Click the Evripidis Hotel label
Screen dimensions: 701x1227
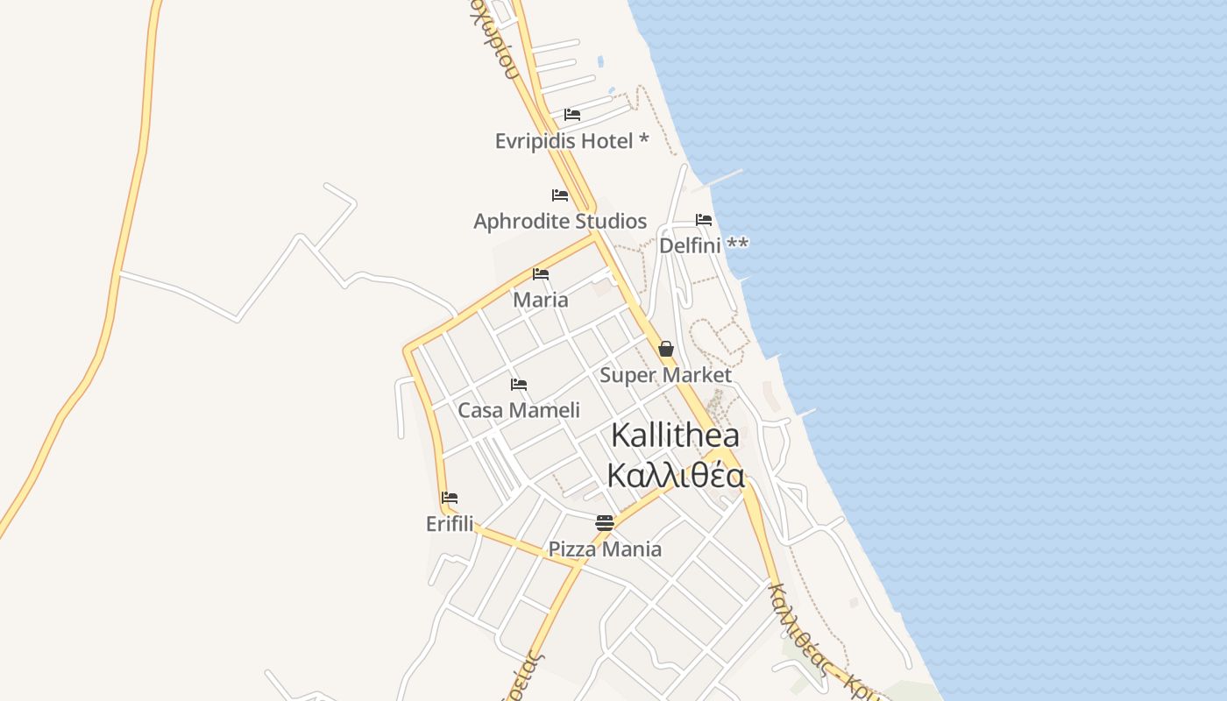tap(571, 141)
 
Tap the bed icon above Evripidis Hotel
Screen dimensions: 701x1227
tap(572, 115)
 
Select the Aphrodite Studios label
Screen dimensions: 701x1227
tap(560, 222)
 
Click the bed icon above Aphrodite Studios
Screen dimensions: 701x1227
tap(560, 195)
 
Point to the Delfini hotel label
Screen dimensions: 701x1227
tap(704, 246)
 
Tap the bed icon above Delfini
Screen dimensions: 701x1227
tap(704, 220)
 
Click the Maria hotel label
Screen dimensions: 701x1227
tap(541, 301)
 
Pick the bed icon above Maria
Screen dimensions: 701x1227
tap(541, 274)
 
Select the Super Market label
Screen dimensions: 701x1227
tap(665, 376)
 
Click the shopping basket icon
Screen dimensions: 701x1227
tap(666, 350)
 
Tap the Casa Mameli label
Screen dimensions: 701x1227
tap(519, 411)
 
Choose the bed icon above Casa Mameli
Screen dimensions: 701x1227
tap(519, 385)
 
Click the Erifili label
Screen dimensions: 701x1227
tap(450, 524)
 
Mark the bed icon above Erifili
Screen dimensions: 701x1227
tap(450, 498)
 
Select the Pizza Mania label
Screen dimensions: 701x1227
tap(605, 550)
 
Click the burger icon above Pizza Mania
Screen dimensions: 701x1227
tap(605, 523)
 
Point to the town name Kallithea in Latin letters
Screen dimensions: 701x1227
tap(675, 435)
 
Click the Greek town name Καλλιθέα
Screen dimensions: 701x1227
tap(676, 477)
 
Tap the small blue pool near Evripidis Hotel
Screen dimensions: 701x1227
tap(600, 62)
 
